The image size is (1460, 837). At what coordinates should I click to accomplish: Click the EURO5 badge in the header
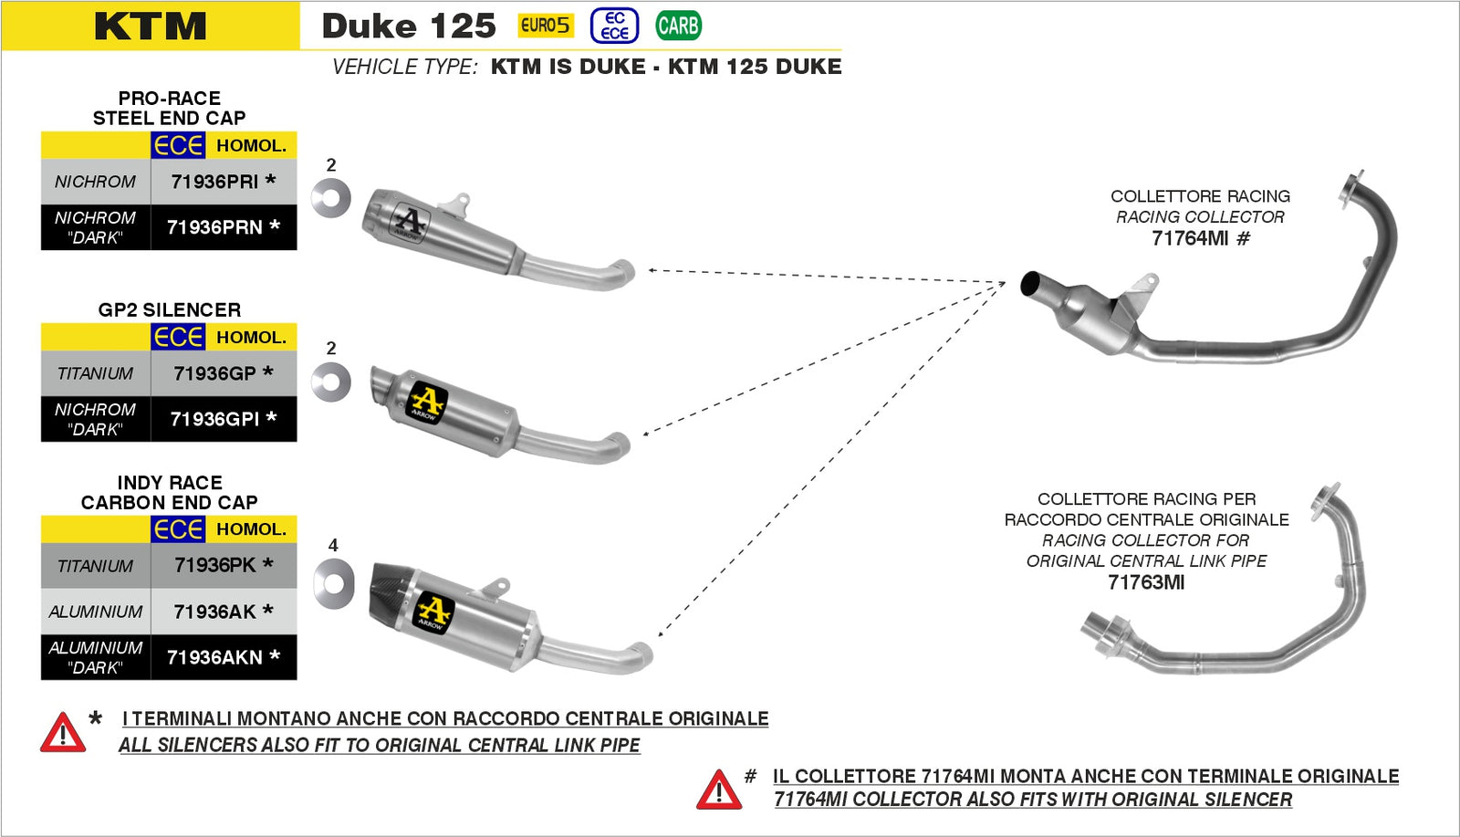545,26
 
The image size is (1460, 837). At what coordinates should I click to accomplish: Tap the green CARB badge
678,26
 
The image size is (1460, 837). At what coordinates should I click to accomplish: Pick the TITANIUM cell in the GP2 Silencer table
95,373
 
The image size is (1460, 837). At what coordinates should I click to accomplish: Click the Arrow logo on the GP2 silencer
426,403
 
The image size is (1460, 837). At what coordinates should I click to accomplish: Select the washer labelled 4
333,583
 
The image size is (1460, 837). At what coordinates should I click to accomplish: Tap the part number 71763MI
1146,582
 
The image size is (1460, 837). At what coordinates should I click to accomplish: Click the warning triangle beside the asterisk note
62,733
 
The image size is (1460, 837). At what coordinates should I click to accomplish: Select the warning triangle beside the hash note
718,790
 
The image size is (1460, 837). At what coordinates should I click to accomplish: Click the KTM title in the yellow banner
151,26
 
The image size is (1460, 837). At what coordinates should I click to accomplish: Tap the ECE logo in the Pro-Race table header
177,145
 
